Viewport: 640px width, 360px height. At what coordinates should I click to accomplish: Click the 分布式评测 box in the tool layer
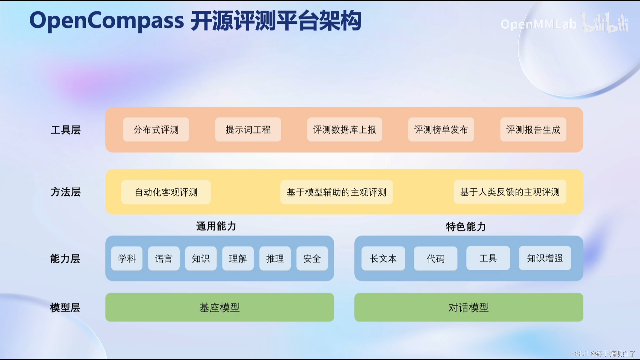[x=156, y=130]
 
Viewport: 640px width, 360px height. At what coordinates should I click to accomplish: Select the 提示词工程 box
[x=248, y=130]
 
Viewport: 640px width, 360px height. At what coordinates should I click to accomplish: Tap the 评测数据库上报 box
[x=344, y=130]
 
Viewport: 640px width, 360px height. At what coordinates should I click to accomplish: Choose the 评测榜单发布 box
[x=441, y=130]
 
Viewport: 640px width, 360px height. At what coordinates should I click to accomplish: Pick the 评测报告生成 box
[x=533, y=130]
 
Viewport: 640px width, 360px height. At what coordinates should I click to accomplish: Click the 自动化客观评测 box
[x=166, y=192]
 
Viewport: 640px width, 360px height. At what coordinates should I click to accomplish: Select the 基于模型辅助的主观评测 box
[x=336, y=192]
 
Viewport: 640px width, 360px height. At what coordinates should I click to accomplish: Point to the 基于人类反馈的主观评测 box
[x=510, y=192]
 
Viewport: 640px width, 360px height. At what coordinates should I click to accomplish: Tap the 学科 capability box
[x=127, y=258]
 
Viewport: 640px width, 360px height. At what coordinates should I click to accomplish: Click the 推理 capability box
[x=275, y=258]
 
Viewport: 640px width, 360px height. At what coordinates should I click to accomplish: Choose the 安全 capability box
[x=312, y=258]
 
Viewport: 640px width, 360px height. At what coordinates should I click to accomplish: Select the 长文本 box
[x=383, y=258]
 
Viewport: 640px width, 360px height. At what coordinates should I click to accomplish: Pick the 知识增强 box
[x=545, y=258]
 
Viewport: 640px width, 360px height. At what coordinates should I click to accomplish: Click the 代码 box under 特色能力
[x=435, y=258]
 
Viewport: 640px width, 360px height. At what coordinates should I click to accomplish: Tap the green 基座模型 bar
[x=220, y=307]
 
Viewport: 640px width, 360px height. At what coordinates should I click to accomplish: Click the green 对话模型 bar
[x=468, y=307]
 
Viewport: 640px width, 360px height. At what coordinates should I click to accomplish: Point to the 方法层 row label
[x=66, y=192]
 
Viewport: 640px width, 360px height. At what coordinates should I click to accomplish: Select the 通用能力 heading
[x=216, y=226]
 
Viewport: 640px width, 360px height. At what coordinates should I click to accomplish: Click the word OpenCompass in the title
[x=107, y=21]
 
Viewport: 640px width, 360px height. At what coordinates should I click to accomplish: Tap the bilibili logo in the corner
[x=605, y=23]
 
